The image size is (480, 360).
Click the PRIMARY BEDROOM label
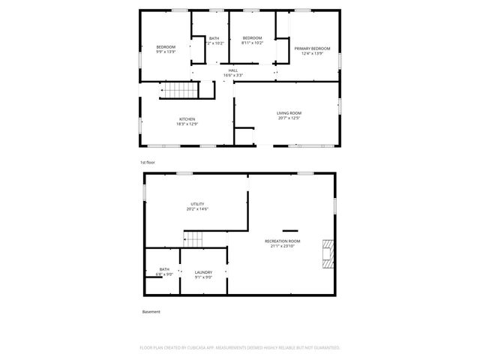pyautogui.click(x=311, y=48)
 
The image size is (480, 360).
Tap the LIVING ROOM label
pyautogui.click(x=289, y=112)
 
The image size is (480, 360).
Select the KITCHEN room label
pyautogui.click(x=187, y=118)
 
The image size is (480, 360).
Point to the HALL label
pyautogui.click(x=233, y=70)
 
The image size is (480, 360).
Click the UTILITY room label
pyautogui.click(x=197, y=203)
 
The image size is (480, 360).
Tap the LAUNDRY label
pyautogui.click(x=203, y=272)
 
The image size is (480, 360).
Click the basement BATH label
pyautogui.click(x=164, y=269)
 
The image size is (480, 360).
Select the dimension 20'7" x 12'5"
pyautogui.click(x=289, y=117)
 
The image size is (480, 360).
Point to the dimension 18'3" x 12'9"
pyautogui.click(x=187, y=124)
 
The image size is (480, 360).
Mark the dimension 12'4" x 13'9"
pyautogui.click(x=311, y=52)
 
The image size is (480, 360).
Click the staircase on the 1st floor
pyautogui.click(x=181, y=91)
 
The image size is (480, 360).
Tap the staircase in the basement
pyautogui.click(x=193, y=239)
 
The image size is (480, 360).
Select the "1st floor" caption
pyautogui.click(x=147, y=162)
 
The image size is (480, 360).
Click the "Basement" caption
pyautogui.click(x=151, y=312)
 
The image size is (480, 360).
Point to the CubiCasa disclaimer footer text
pyautogui.click(x=240, y=348)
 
